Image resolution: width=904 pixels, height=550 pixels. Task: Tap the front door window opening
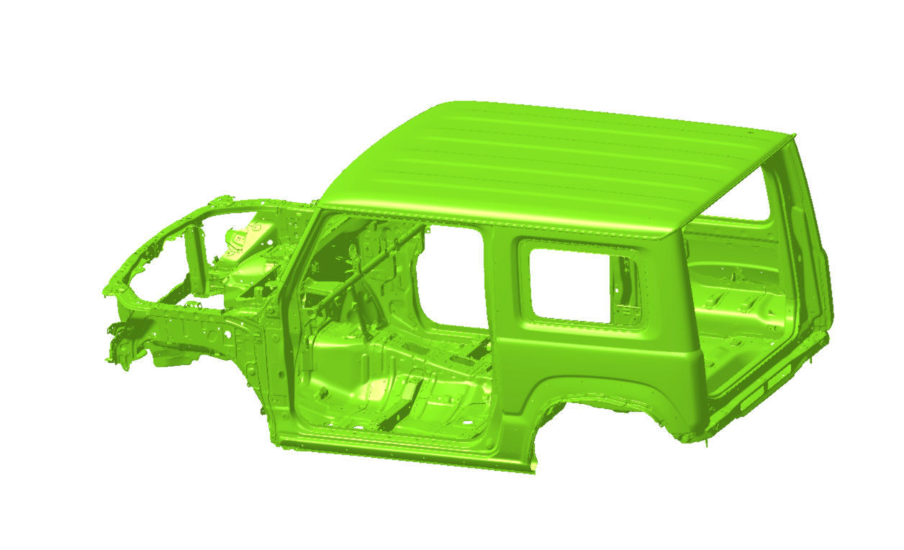[453, 274]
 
